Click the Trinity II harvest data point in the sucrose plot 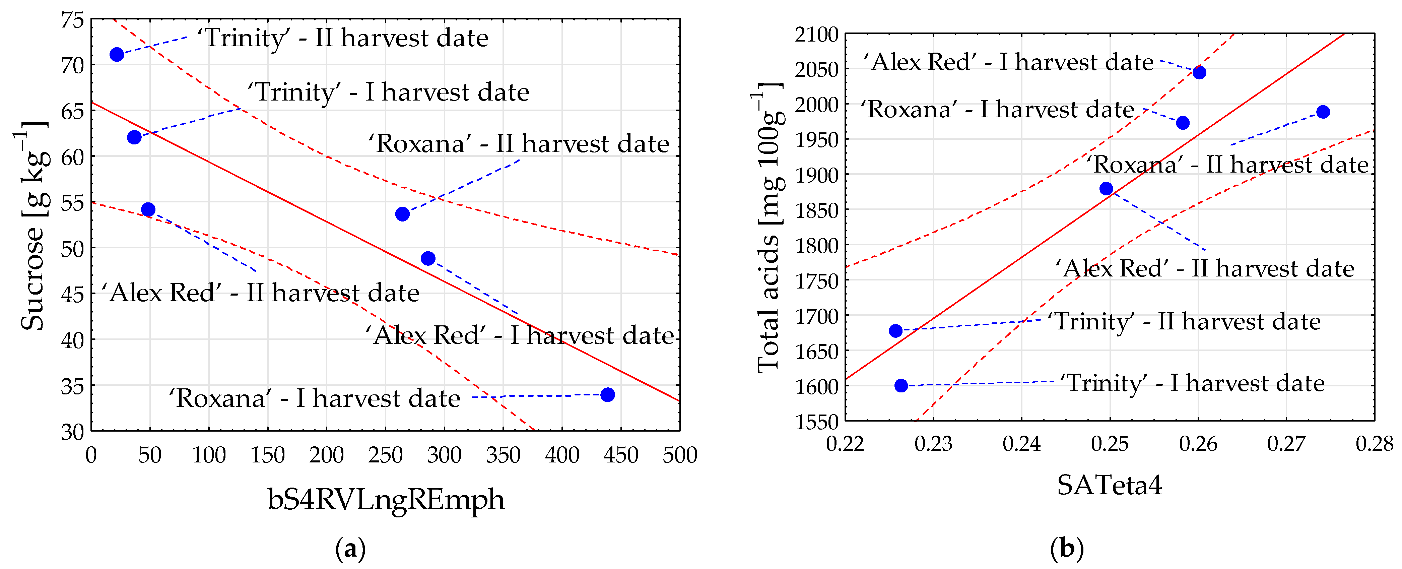pos(117,54)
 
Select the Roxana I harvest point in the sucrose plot pos(607,395)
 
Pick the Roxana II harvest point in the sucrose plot pos(402,214)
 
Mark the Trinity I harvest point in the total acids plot pos(901,385)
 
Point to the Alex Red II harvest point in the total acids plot pos(1106,188)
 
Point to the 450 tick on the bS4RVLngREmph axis pos(620,455)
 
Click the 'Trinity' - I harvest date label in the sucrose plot pos(388,92)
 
